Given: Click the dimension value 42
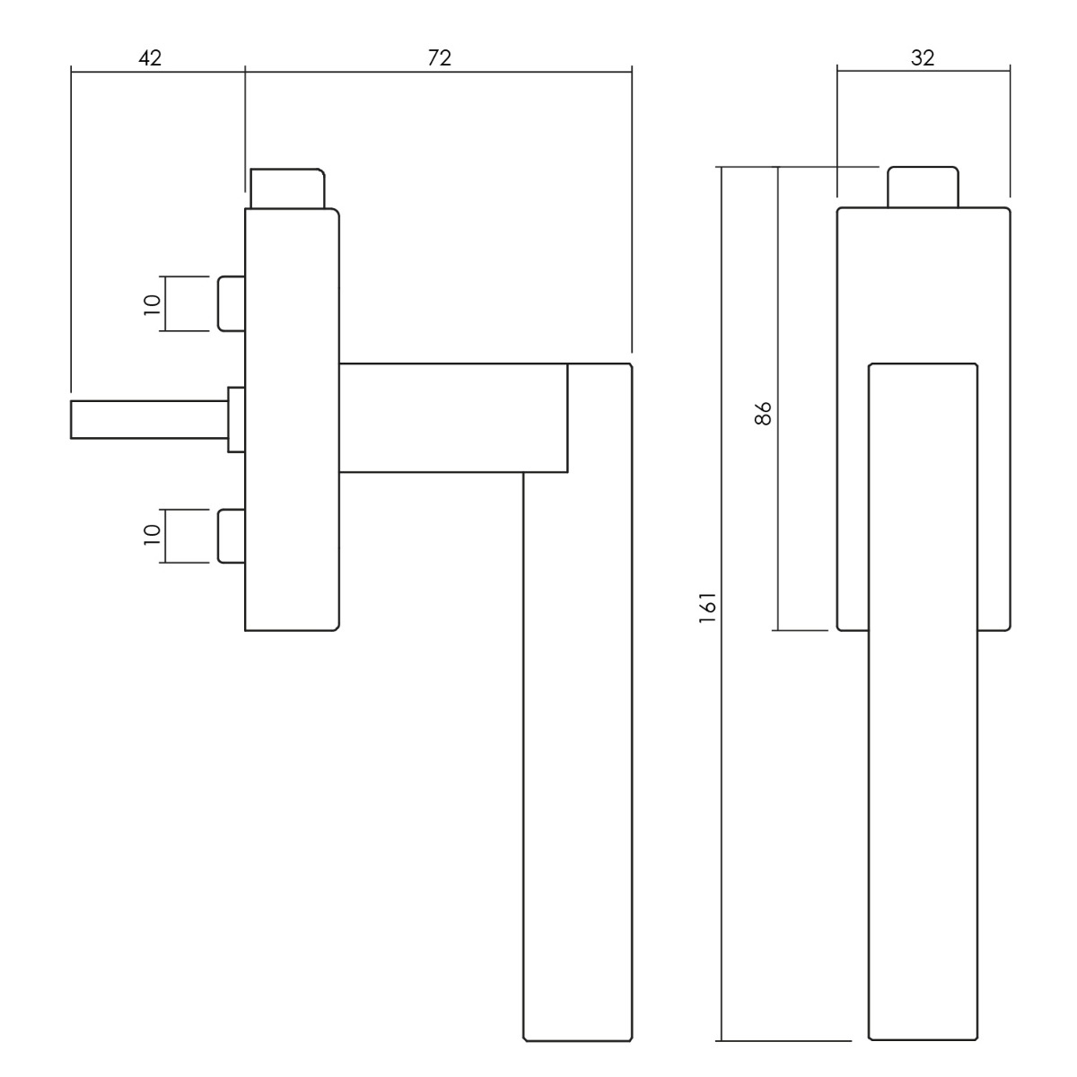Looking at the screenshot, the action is coord(150,58).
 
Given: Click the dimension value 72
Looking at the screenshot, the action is coord(439,58).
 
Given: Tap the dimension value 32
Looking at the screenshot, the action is coord(923,58).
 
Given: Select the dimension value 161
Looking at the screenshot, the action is coord(707,608).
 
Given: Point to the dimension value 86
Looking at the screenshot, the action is coord(763,413).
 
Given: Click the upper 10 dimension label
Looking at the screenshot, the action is coord(152,304).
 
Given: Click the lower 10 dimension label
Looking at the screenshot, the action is coord(152,535).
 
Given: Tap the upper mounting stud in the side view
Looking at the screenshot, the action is coord(232,303).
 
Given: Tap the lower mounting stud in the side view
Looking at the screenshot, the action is coord(232,536).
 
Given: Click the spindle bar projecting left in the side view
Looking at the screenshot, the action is coord(149,419).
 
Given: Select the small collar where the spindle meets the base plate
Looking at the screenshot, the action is coord(236,419).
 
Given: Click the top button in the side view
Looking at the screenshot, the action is coord(287,188).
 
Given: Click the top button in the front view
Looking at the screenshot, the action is coord(924,188).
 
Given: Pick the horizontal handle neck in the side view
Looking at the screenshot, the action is coord(453,418).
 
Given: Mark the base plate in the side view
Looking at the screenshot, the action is coord(292,420).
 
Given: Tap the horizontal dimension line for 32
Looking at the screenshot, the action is coord(924,72).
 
